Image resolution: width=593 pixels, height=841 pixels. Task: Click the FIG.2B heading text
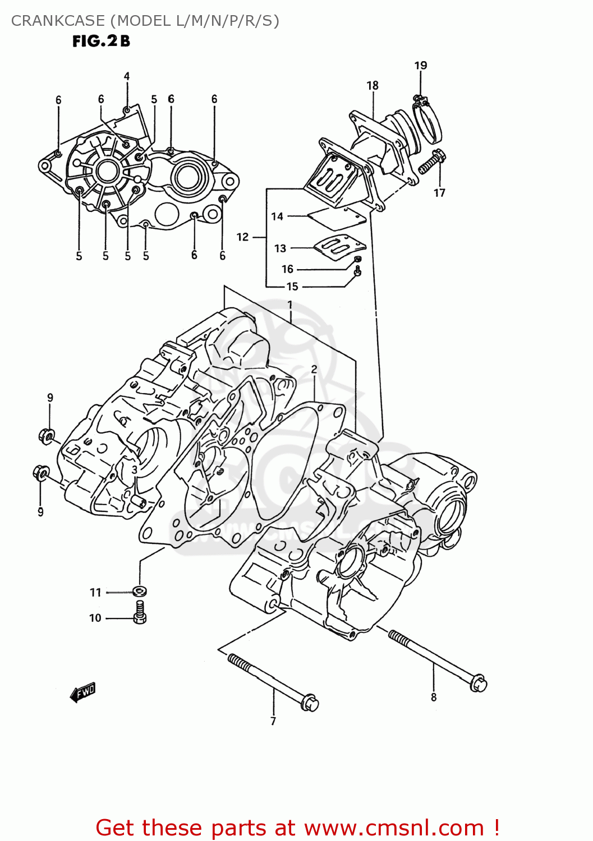101,41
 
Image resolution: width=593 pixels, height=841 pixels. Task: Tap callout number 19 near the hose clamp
421,66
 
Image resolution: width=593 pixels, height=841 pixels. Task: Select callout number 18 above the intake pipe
373,85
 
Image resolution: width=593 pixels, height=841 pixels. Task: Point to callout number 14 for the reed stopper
277,216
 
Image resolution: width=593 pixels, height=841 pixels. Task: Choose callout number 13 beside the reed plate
280,248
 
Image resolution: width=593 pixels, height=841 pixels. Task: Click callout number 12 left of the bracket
242,237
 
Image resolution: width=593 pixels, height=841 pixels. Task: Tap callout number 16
287,269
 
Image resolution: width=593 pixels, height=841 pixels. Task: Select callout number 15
292,287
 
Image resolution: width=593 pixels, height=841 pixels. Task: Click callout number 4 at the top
127,76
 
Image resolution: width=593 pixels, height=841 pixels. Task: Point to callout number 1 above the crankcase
290,304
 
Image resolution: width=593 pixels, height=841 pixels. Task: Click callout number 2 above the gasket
314,369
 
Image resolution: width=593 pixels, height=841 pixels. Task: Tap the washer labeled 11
139,591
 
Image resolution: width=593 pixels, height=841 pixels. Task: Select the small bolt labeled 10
140,612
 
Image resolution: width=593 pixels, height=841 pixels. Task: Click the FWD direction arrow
82,692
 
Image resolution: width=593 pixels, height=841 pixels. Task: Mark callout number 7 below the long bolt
273,721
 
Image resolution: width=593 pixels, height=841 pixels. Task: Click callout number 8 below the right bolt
434,697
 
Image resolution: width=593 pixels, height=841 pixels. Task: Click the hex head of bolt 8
478,684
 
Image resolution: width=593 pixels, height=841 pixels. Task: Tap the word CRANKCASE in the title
58,21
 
